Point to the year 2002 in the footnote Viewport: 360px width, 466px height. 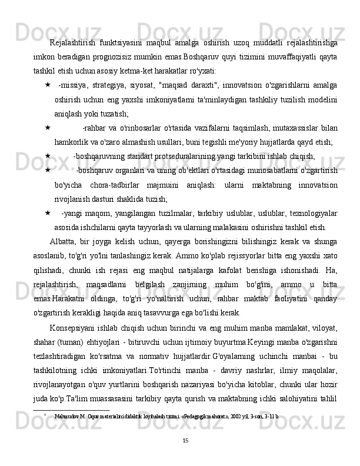(219, 415)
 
